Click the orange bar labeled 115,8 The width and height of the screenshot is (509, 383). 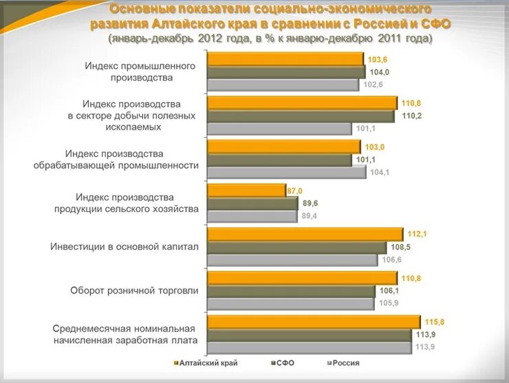(313, 322)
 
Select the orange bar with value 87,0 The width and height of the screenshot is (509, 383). (246, 191)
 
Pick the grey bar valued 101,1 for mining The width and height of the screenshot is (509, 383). (279, 129)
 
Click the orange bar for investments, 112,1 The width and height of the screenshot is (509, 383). (305, 234)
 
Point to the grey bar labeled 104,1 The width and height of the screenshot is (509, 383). (286, 172)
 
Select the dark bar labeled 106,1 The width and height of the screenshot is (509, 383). (293, 291)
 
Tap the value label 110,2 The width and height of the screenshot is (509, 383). (411, 116)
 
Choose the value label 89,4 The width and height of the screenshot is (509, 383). (310, 216)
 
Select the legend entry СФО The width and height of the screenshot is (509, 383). (283, 363)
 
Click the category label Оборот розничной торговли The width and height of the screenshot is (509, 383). (134, 291)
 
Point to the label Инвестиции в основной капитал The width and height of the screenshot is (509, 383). (124, 247)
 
